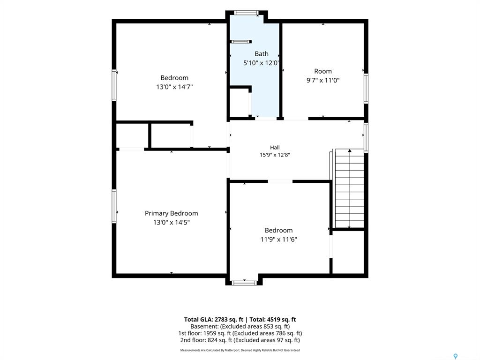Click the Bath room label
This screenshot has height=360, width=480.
[262, 54]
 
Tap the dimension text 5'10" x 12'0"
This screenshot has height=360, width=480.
[261, 63]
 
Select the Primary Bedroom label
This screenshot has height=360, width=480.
[172, 213]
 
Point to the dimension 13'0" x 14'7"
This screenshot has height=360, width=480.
[174, 87]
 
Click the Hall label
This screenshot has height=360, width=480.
[275, 148]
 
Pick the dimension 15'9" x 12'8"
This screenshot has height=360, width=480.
[275, 155]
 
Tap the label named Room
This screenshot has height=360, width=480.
[323, 71]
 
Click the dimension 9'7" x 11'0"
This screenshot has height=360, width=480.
[323, 81]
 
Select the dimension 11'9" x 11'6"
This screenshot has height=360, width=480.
[278, 240]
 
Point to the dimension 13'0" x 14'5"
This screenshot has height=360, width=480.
[172, 222]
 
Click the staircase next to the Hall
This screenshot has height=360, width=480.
[350, 188]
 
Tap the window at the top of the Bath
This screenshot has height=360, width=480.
[246, 13]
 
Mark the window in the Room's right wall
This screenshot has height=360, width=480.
[366, 89]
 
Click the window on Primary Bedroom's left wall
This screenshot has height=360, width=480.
[114, 206]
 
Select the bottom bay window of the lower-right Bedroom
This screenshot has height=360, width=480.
[244, 283]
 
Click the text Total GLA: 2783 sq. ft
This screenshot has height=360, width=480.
[214, 320]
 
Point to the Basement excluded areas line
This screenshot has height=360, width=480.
[240, 327]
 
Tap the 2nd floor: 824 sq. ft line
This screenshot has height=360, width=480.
[240, 340]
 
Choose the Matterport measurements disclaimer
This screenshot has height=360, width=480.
[240, 350]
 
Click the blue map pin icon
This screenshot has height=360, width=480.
[456, 356]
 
